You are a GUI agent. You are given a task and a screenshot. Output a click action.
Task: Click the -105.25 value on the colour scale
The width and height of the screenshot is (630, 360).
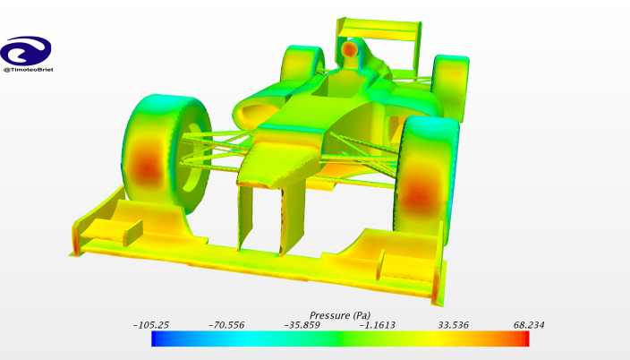click(151, 325)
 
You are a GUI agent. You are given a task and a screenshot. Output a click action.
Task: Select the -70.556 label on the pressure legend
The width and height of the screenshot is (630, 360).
click(226, 325)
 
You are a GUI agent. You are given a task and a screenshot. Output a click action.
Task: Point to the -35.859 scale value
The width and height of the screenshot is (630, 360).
click(302, 325)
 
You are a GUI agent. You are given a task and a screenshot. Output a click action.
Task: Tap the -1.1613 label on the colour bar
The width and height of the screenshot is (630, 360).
click(378, 325)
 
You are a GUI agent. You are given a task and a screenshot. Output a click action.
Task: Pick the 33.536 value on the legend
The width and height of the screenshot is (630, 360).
click(453, 325)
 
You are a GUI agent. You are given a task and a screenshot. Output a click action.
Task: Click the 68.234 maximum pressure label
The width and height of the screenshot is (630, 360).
click(529, 325)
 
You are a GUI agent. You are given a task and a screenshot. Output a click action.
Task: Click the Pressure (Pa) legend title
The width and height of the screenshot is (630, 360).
click(340, 315)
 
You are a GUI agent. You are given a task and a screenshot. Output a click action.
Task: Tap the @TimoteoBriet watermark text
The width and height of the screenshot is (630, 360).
click(28, 70)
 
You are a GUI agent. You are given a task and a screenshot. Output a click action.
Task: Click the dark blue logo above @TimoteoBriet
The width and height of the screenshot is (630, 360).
click(26, 51)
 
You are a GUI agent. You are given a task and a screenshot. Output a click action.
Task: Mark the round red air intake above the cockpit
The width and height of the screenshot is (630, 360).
click(350, 49)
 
